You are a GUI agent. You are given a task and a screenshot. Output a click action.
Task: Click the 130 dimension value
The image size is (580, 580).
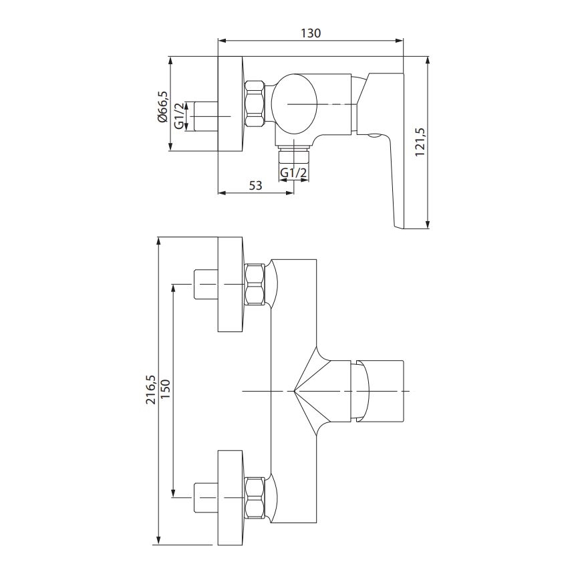(312, 33)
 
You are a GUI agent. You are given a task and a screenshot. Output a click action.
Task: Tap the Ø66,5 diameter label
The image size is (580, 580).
(162, 106)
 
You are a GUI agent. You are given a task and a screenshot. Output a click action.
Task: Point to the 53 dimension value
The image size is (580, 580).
(255, 186)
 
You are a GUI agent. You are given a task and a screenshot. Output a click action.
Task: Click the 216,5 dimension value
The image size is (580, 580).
(151, 389)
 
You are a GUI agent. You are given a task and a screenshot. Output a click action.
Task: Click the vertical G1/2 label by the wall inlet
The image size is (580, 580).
(179, 117)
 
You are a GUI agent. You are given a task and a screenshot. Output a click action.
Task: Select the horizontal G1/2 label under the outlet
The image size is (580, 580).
(294, 173)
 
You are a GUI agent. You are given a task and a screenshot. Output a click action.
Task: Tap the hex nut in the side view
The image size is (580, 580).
(255, 103)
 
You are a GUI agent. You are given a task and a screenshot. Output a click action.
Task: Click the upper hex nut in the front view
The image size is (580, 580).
(255, 285)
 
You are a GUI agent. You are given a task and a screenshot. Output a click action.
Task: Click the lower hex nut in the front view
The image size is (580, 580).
(255, 498)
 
